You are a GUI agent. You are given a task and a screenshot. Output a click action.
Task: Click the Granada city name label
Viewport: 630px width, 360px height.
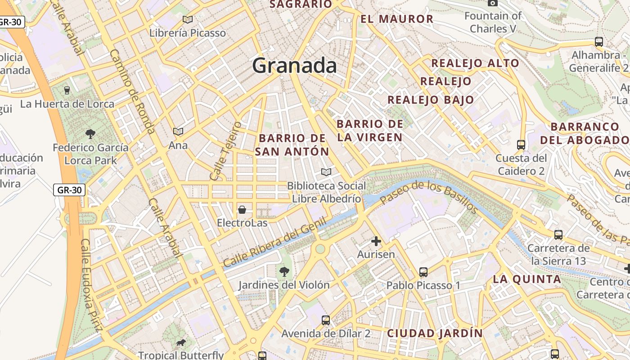coord(294,66)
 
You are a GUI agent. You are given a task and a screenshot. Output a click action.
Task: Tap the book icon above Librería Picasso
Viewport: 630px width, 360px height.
coord(188,19)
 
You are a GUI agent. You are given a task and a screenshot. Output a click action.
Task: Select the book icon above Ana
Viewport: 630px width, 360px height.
coord(178,131)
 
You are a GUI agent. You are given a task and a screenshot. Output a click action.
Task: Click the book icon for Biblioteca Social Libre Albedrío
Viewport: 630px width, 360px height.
coord(326,172)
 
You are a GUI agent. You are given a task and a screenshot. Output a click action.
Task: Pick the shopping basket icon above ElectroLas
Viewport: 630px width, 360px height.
coord(242,209)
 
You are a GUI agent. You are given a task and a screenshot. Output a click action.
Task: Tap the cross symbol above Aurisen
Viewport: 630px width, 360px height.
coord(376,241)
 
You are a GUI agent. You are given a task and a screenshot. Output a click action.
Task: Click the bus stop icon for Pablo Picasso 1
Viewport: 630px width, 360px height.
coord(423,272)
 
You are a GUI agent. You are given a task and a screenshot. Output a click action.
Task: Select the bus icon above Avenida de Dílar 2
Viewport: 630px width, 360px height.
coord(326,320)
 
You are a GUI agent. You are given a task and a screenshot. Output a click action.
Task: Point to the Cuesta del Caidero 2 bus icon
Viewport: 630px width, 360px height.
coord(521,145)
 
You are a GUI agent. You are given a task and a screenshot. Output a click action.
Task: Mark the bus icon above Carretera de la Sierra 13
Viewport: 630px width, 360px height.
coord(558,234)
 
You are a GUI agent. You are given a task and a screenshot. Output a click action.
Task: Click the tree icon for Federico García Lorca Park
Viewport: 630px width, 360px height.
coord(90,134)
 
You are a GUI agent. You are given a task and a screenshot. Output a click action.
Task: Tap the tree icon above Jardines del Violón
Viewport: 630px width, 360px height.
coord(284,271)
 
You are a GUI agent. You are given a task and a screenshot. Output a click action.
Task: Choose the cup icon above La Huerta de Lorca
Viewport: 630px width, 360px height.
coord(67,90)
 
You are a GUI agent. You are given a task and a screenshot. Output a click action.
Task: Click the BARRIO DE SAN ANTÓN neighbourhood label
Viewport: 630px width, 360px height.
coord(292,145)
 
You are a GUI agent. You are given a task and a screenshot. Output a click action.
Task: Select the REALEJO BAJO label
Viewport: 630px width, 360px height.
coord(431,100)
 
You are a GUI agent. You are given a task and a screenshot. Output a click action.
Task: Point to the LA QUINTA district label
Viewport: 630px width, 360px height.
coord(527,279)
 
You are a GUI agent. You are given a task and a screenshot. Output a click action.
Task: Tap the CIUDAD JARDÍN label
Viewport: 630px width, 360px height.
coord(435,333)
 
